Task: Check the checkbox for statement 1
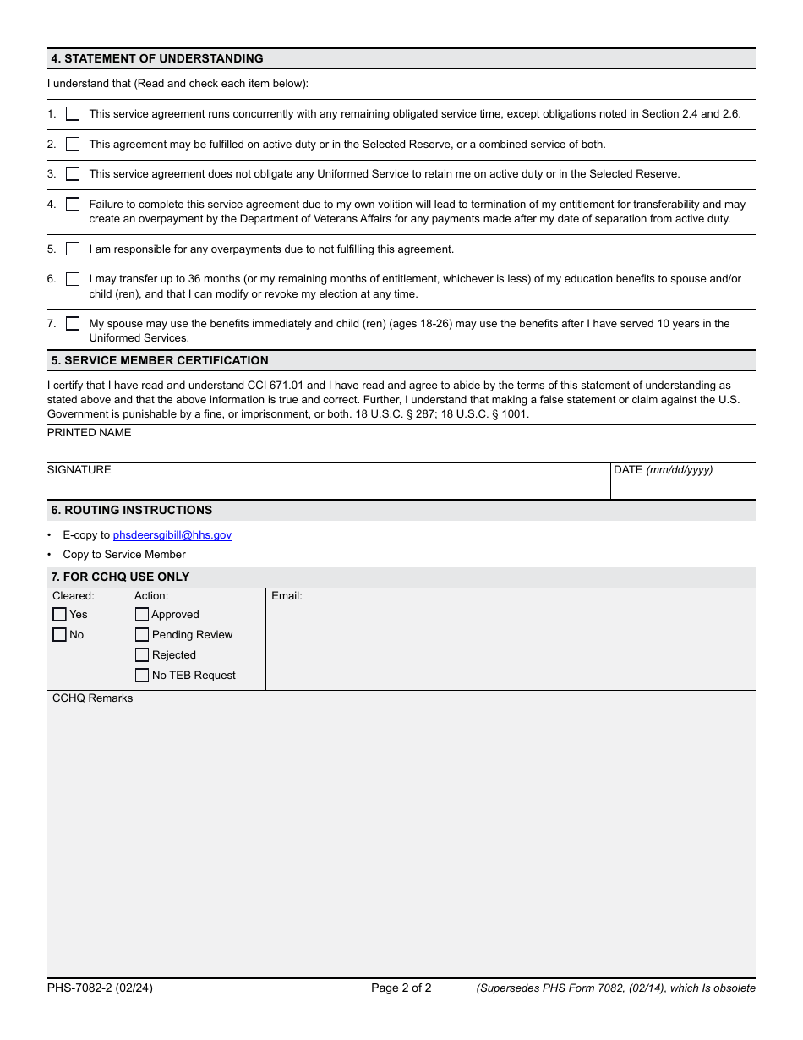(x=73, y=114)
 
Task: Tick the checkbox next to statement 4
(x=73, y=205)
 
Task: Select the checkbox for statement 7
(x=73, y=324)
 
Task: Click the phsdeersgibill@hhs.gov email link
(x=172, y=535)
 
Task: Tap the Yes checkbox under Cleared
(x=59, y=615)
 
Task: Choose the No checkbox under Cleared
(x=59, y=635)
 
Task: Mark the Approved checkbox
(x=142, y=615)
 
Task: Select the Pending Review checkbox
(x=142, y=635)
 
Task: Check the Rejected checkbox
(x=142, y=655)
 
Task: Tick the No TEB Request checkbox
(x=142, y=676)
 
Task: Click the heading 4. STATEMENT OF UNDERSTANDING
(x=157, y=59)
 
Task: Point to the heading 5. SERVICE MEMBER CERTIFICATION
(x=160, y=361)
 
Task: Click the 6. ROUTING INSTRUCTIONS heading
(x=132, y=511)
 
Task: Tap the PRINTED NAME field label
(x=90, y=433)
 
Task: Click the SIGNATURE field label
(x=79, y=470)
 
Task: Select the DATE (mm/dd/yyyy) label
(x=663, y=470)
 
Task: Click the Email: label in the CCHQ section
(x=287, y=596)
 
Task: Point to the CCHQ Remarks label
(x=92, y=698)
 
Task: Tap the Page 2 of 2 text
(x=401, y=988)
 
